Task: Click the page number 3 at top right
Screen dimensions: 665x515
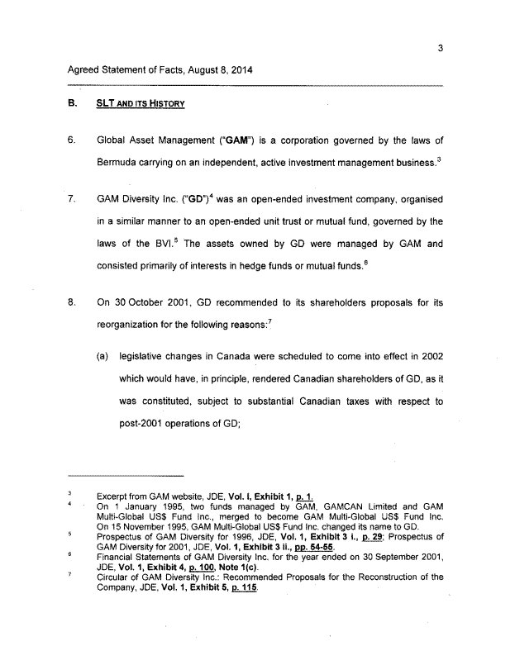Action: (x=441, y=48)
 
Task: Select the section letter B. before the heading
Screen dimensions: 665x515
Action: (x=72, y=105)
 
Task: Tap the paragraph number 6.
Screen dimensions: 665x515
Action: (x=72, y=140)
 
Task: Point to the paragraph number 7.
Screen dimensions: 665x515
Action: (x=72, y=199)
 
